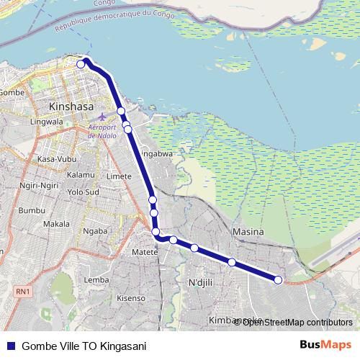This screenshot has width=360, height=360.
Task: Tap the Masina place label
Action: [x=248, y=232]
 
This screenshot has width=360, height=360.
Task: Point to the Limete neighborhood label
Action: [x=119, y=176]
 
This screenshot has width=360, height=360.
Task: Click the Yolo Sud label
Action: [x=82, y=193]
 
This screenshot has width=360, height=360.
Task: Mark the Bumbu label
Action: [x=31, y=210]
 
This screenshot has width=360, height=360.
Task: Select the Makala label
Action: [x=56, y=224]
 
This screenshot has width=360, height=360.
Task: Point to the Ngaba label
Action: [x=95, y=231]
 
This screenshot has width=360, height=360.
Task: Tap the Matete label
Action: [x=145, y=253]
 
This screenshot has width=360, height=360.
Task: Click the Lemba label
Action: [x=96, y=279]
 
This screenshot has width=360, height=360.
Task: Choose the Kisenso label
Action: [x=131, y=297]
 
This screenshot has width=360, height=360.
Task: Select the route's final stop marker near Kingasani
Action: [x=279, y=280]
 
